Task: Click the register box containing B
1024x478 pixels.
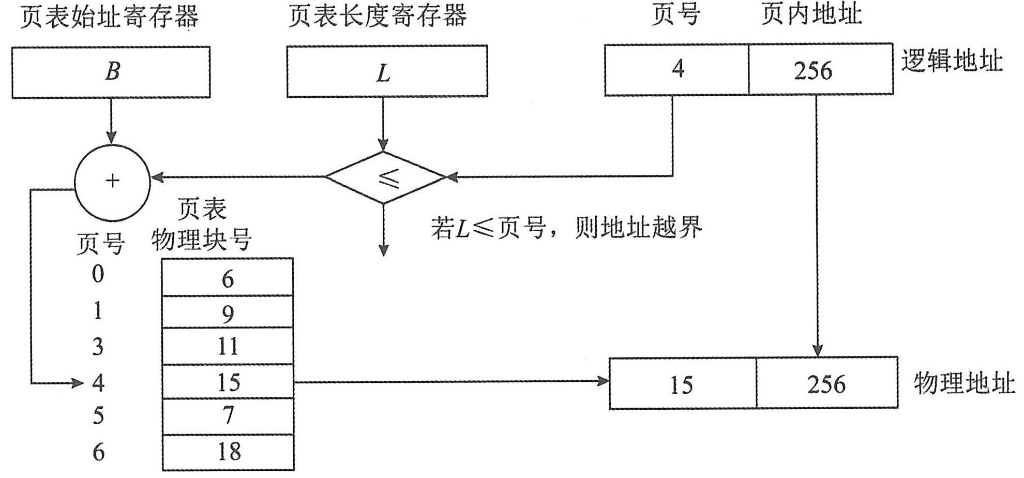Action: (111, 72)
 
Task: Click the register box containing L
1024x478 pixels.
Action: (387, 71)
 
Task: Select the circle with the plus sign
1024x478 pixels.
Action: (112, 181)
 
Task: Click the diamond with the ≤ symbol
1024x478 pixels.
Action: (386, 177)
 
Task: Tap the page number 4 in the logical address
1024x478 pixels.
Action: (677, 69)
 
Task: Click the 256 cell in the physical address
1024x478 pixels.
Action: (826, 383)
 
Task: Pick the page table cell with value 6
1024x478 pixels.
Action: (228, 278)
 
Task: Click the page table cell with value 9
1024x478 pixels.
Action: (228, 312)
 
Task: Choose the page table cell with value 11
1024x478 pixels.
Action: (228, 346)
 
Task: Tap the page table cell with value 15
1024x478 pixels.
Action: (228, 382)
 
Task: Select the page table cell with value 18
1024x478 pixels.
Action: (228, 452)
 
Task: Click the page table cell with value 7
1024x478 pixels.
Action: (228, 416)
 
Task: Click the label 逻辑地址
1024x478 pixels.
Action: (952, 61)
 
